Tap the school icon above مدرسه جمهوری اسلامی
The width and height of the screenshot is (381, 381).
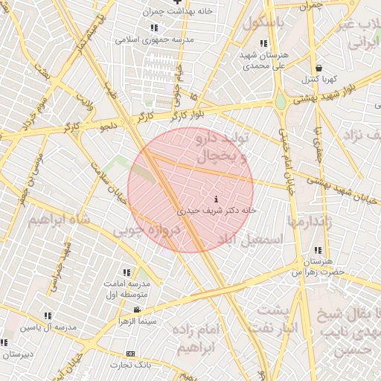pyautogui.click(x=154, y=28)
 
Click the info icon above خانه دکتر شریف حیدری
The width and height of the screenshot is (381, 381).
pyautogui.click(x=216, y=199)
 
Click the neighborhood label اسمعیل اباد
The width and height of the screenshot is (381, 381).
pyautogui.click(x=249, y=240)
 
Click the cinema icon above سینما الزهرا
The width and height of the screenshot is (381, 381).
pyautogui.click(x=136, y=310)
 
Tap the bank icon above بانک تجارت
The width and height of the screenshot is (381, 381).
pyautogui.click(x=131, y=353)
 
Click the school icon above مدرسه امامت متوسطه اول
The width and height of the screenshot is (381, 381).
pyautogui.click(x=127, y=273)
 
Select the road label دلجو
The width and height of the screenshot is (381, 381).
pyautogui.click(x=109, y=127)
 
